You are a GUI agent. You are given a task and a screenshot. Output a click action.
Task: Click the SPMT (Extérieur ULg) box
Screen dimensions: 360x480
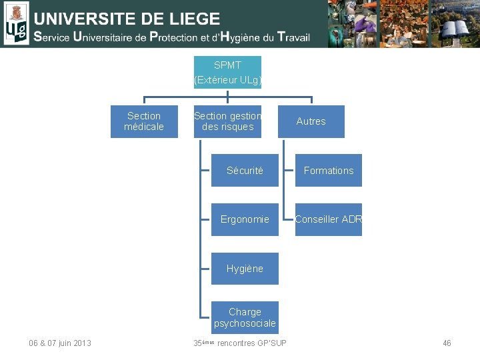(227, 72)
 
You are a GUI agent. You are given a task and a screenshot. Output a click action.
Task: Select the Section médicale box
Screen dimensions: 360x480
(144, 121)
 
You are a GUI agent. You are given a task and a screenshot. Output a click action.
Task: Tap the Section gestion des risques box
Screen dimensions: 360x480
(227, 121)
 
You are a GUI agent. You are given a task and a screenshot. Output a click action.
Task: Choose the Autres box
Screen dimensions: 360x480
(311, 121)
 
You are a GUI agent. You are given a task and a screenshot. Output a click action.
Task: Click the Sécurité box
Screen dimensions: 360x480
(245, 171)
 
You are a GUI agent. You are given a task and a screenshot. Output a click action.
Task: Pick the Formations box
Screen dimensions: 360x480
(329, 171)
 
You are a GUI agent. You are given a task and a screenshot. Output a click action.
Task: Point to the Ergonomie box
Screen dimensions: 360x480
(245, 219)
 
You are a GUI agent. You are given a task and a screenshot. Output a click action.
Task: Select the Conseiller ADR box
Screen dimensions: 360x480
(329, 219)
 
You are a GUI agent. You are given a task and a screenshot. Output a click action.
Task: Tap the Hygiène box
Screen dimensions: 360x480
(245, 269)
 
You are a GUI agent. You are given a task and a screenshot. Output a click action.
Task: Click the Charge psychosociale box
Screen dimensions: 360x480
(245, 317)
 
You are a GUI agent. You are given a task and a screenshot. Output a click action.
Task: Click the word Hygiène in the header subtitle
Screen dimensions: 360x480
(233, 37)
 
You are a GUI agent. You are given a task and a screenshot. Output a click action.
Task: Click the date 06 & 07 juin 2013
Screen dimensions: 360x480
(60, 343)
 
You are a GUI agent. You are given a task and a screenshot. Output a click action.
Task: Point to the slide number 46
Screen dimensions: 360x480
(447, 343)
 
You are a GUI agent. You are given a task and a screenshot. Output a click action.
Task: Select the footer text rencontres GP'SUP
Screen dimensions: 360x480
(251, 343)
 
